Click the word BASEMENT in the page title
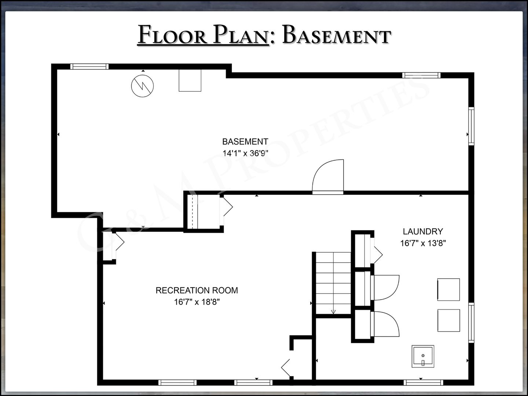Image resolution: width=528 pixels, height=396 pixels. (337, 34)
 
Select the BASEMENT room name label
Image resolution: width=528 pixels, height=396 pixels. (245, 142)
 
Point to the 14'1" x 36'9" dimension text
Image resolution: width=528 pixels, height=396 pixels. (245, 153)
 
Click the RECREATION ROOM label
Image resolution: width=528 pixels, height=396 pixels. (197, 290)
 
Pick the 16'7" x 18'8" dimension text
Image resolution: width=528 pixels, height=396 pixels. (197, 302)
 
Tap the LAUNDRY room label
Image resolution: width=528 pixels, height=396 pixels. (423, 231)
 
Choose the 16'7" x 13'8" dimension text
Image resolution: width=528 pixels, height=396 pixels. (423, 243)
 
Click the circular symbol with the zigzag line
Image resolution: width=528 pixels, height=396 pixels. (142, 86)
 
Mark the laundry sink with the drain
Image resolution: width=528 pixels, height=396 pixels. (423, 356)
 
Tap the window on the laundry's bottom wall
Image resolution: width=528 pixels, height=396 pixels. (423, 382)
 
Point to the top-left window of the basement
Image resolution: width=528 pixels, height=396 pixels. (89, 67)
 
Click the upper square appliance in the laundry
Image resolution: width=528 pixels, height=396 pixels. (448, 290)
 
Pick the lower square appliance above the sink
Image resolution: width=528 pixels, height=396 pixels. (449, 320)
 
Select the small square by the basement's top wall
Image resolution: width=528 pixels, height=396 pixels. (190, 80)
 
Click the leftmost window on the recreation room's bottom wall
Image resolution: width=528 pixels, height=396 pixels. (177, 382)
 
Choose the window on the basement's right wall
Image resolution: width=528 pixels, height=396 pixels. (472, 126)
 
